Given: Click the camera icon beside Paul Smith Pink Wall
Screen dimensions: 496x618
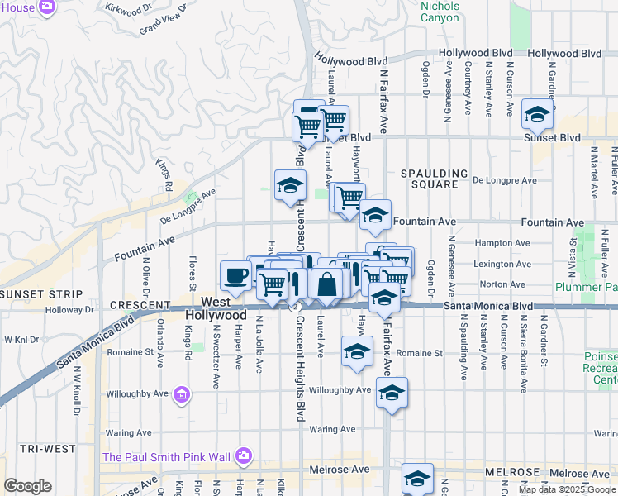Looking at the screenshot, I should click(x=243, y=455).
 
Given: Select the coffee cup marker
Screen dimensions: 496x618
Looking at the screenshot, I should click(x=235, y=275).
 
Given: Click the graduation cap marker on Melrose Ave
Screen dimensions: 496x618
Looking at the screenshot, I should click(x=417, y=479).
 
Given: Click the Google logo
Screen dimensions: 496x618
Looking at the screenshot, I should click(x=27, y=486).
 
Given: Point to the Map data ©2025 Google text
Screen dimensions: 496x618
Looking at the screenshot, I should click(x=567, y=489).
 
